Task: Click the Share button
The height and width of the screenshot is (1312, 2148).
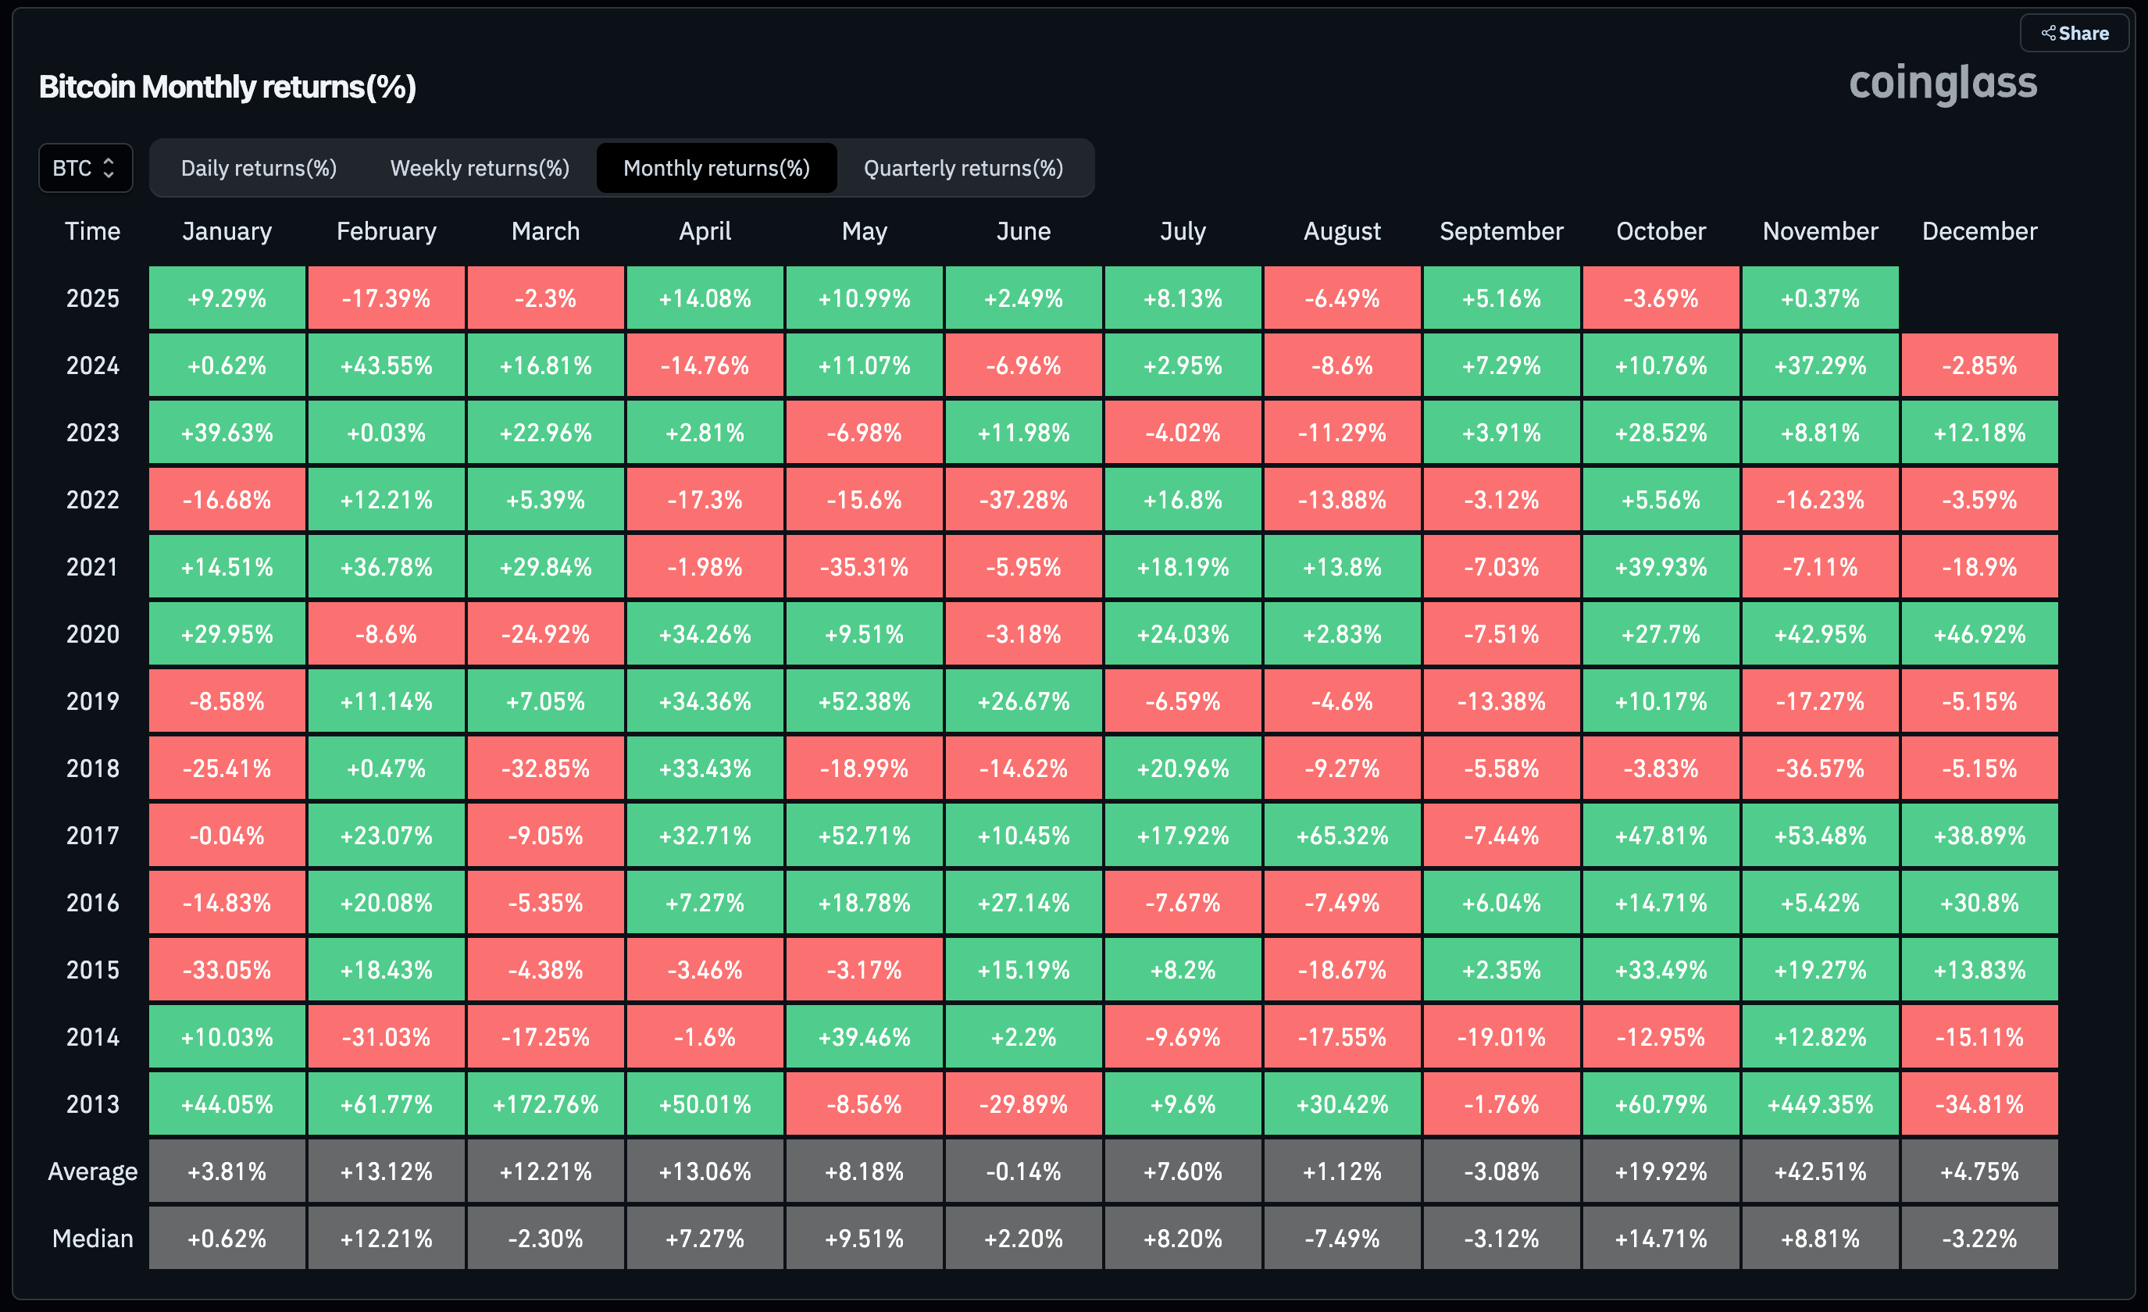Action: click(x=2075, y=33)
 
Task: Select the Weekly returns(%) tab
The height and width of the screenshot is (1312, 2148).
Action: click(x=480, y=167)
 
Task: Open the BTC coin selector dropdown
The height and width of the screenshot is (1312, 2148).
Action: click(x=85, y=167)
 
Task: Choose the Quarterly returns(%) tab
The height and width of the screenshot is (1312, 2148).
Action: click(x=963, y=167)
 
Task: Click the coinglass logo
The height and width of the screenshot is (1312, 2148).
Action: click(x=1943, y=84)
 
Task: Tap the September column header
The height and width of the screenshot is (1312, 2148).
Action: click(x=1501, y=231)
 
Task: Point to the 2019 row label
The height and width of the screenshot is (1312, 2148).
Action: click(x=92, y=701)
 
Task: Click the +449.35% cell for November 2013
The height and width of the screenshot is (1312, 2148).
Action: click(x=1820, y=1103)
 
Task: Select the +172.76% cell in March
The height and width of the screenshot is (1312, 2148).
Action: click(x=546, y=1103)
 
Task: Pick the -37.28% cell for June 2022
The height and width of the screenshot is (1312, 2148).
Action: click(x=1023, y=500)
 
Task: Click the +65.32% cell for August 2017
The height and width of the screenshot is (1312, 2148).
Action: click(x=1342, y=835)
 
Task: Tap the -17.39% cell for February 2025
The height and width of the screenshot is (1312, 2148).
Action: click(x=386, y=298)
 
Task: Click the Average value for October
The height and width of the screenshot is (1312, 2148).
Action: click(x=1661, y=1171)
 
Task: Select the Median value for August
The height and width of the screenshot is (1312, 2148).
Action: click(x=1342, y=1238)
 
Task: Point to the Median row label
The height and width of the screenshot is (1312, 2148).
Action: click(x=92, y=1238)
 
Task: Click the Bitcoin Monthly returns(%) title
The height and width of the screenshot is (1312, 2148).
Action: click(x=227, y=87)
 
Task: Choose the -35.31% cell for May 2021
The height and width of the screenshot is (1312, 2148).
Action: click(x=864, y=567)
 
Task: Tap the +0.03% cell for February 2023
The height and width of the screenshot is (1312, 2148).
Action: click(x=386, y=433)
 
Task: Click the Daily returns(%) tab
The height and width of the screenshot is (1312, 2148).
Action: click(x=259, y=167)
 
